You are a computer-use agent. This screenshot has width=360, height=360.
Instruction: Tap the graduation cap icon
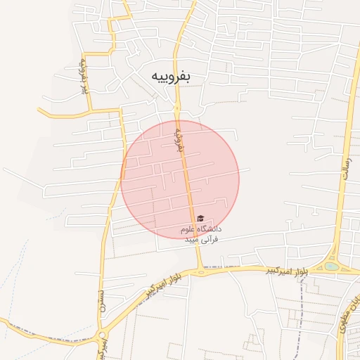coord(200,219)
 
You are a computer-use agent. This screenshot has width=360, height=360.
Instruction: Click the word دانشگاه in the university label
coord(210,229)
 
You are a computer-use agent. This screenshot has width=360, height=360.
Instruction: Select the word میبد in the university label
coord(193,240)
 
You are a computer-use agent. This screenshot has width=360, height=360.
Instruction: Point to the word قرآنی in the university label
coord(211,240)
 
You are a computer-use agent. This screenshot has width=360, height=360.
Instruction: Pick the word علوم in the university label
coord(188,229)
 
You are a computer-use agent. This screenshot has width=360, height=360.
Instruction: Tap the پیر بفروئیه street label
coord(83,76)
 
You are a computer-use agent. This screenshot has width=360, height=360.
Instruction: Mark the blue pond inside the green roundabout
coord(330,266)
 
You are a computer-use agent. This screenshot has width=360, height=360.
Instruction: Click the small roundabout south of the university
coord(200,271)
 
